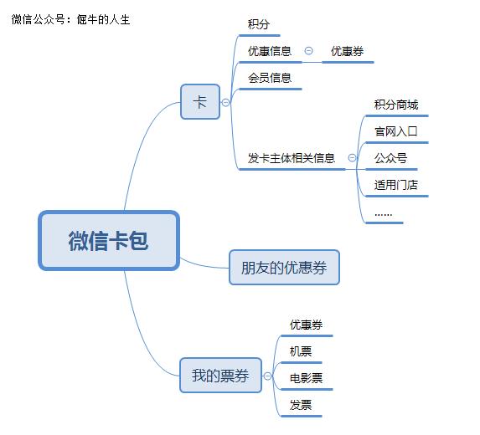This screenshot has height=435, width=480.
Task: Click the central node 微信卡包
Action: (109, 241)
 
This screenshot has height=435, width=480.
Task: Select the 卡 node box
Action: (199, 102)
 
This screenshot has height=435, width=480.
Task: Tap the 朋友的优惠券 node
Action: (284, 268)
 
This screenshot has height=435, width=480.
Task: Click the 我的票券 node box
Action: (220, 376)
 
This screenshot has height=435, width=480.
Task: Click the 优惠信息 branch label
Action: (270, 51)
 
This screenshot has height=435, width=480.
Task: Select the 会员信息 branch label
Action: (270, 78)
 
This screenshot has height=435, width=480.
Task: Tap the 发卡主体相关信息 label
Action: (292, 157)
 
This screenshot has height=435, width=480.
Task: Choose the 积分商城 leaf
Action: (396, 105)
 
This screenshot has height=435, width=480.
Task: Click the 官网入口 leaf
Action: (396, 131)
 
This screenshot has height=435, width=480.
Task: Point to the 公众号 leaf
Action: (390, 158)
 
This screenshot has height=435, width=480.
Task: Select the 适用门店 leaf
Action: (396, 185)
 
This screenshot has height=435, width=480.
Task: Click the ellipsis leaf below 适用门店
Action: (384, 213)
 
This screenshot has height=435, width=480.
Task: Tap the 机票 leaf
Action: (301, 351)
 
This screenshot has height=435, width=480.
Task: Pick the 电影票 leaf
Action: (307, 378)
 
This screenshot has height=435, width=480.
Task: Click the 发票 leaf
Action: (301, 405)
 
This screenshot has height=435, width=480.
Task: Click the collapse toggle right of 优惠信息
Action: (308, 51)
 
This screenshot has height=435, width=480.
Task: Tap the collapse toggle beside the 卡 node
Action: (225, 102)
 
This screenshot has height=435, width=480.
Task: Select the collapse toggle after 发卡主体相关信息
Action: (352, 157)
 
